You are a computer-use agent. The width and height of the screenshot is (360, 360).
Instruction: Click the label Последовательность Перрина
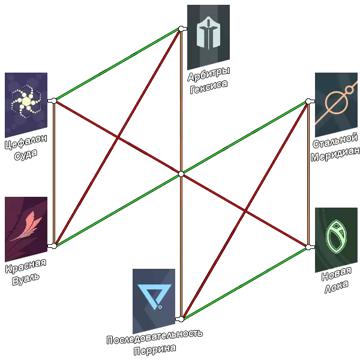point(155,341)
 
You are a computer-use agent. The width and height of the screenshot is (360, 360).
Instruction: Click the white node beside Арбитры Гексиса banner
point(181,28)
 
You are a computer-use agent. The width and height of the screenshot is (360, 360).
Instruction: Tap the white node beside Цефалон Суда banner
point(54,100)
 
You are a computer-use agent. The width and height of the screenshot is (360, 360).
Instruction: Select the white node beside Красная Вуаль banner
point(54,246)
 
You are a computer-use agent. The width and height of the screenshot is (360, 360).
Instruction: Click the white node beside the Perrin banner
point(179,319)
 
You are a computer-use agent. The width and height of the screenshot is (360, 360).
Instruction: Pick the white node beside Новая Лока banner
point(309,247)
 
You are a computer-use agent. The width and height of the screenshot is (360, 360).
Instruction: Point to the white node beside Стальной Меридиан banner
point(308,101)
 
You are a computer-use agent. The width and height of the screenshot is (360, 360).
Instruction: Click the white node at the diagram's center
point(181,174)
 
